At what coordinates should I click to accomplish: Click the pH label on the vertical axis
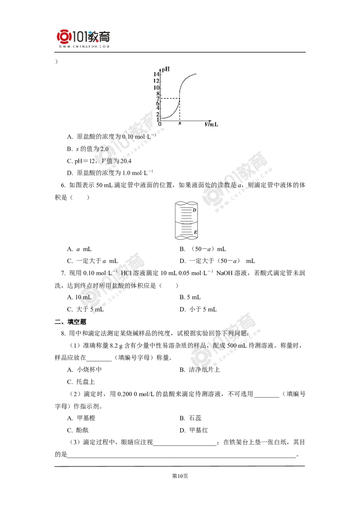tap(166, 69)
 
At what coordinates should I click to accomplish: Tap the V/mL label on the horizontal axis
tap(211, 125)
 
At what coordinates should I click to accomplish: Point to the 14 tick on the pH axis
tap(156, 74)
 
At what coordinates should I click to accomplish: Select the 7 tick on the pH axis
tap(158, 98)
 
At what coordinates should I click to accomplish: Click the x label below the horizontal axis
tap(180, 123)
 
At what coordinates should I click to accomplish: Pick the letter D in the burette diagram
tap(194, 210)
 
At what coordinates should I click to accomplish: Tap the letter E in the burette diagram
tap(195, 232)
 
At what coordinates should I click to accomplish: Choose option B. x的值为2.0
tap(88, 149)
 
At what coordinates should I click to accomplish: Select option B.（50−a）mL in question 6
tap(203, 249)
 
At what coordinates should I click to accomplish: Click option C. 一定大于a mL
tap(93, 261)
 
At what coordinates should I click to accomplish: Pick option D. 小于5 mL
tap(198, 309)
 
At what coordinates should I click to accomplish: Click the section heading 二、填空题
tap(71, 321)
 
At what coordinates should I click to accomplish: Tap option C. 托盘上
tap(81, 382)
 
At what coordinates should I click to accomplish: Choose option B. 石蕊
tap(190, 418)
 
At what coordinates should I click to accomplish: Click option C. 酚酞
tap(78, 430)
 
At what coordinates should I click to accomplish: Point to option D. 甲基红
tap(193, 430)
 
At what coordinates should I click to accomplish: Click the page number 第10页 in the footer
tap(180, 476)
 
